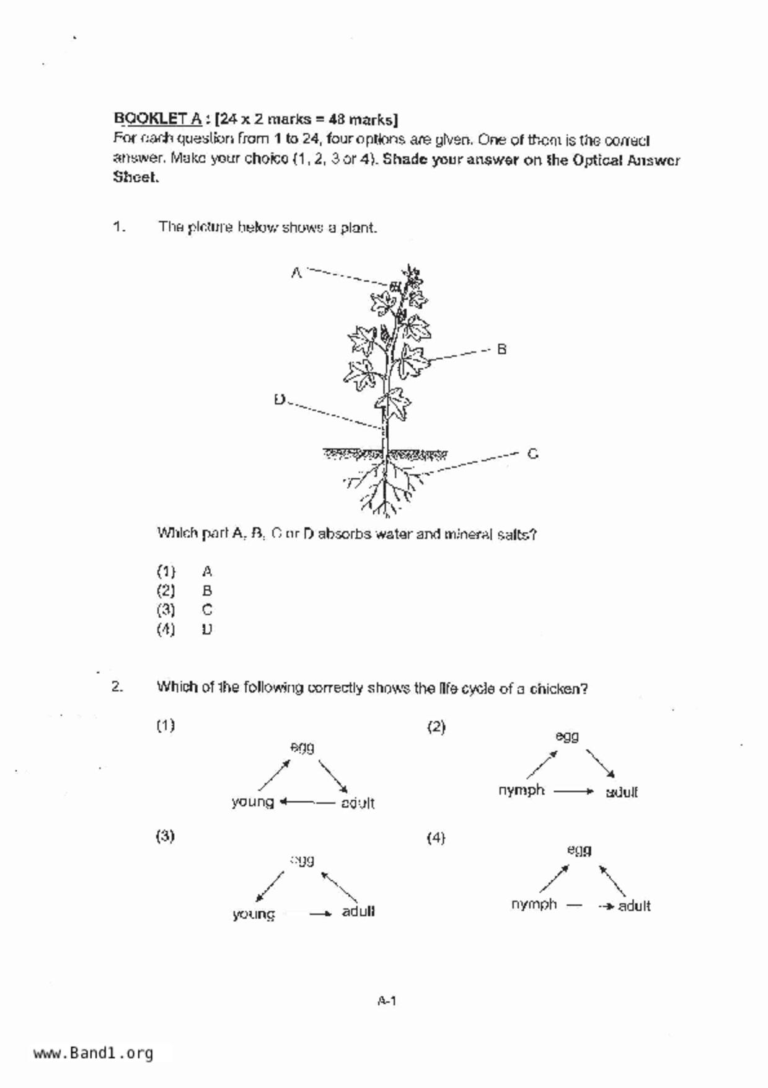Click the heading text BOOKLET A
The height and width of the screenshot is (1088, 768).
coord(157,118)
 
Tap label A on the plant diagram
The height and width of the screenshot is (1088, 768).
coord(296,272)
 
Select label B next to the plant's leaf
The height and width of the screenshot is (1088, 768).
coord(501,349)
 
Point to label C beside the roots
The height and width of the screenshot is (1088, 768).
coord(532,454)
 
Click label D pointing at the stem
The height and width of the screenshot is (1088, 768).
coord(280,399)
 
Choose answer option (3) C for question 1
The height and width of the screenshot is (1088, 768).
coord(185,610)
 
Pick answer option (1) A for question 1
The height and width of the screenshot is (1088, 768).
coord(185,571)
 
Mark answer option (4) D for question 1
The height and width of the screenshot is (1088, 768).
coord(185,630)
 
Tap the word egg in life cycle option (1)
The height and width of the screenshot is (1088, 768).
coord(302,747)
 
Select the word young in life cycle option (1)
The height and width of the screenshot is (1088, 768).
coord(252,802)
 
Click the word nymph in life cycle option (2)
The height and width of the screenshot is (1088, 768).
coord(521,790)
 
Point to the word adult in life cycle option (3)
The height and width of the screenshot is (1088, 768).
coord(358,912)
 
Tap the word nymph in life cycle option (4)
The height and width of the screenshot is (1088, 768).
coord(534,904)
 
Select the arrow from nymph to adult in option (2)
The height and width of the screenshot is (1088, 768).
coord(574,791)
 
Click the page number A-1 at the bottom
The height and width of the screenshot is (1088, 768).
coord(387,1001)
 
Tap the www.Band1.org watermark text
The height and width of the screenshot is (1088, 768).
coord(93,1053)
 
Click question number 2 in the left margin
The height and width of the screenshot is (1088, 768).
coord(117,687)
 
